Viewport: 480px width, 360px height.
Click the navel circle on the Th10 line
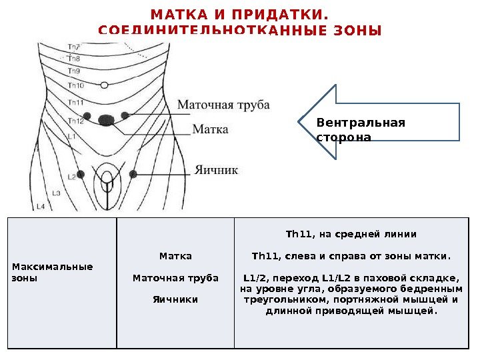pos(104,85)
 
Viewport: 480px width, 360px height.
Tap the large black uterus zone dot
pos(106,120)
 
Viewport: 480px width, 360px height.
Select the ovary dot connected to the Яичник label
pos(133,173)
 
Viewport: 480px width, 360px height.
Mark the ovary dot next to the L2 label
pos(81,174)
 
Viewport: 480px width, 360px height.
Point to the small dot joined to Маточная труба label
pos(125,115)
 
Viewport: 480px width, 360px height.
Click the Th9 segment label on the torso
pos(74,70)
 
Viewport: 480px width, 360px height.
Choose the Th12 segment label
pos(75,121)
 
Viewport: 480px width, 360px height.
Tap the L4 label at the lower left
pos(40,207)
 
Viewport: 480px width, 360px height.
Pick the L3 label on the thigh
pos(56,193)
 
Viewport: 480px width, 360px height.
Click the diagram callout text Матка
pos(210,129)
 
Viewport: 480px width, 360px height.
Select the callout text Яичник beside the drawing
pos(216,170)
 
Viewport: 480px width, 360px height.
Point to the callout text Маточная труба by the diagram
pos(223,105)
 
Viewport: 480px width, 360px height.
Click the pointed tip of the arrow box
pos(298,122)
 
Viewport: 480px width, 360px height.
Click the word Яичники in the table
pos(175,299)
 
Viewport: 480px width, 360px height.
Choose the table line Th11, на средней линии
pos(351,234)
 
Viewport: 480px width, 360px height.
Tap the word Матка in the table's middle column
pos(175,256)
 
